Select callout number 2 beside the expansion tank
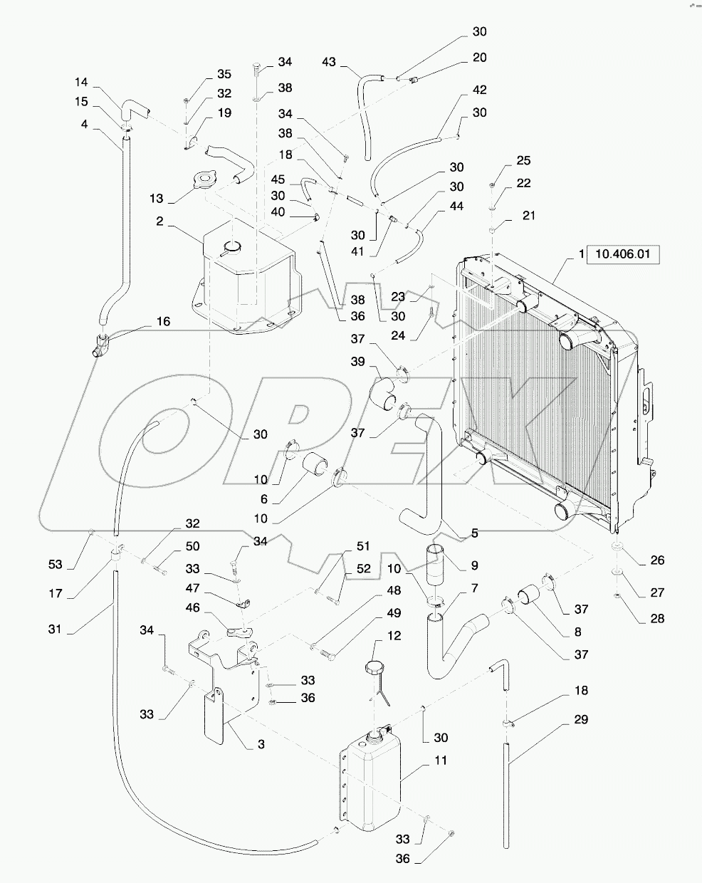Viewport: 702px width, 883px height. [x=160, y=221]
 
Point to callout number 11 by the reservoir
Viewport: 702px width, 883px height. [x=441, y=761]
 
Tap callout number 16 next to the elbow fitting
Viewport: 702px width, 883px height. [x=163, y=322]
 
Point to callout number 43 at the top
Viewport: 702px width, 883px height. [x=328, y=63]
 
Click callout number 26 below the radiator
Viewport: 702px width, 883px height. [x=657, y=560]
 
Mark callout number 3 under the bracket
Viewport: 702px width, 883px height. [x=261, y=744]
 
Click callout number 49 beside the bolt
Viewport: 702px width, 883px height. [x=394, y=613]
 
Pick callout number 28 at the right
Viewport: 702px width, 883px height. [x=657, y=619]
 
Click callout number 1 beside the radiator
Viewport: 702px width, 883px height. [x=581, y=254]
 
